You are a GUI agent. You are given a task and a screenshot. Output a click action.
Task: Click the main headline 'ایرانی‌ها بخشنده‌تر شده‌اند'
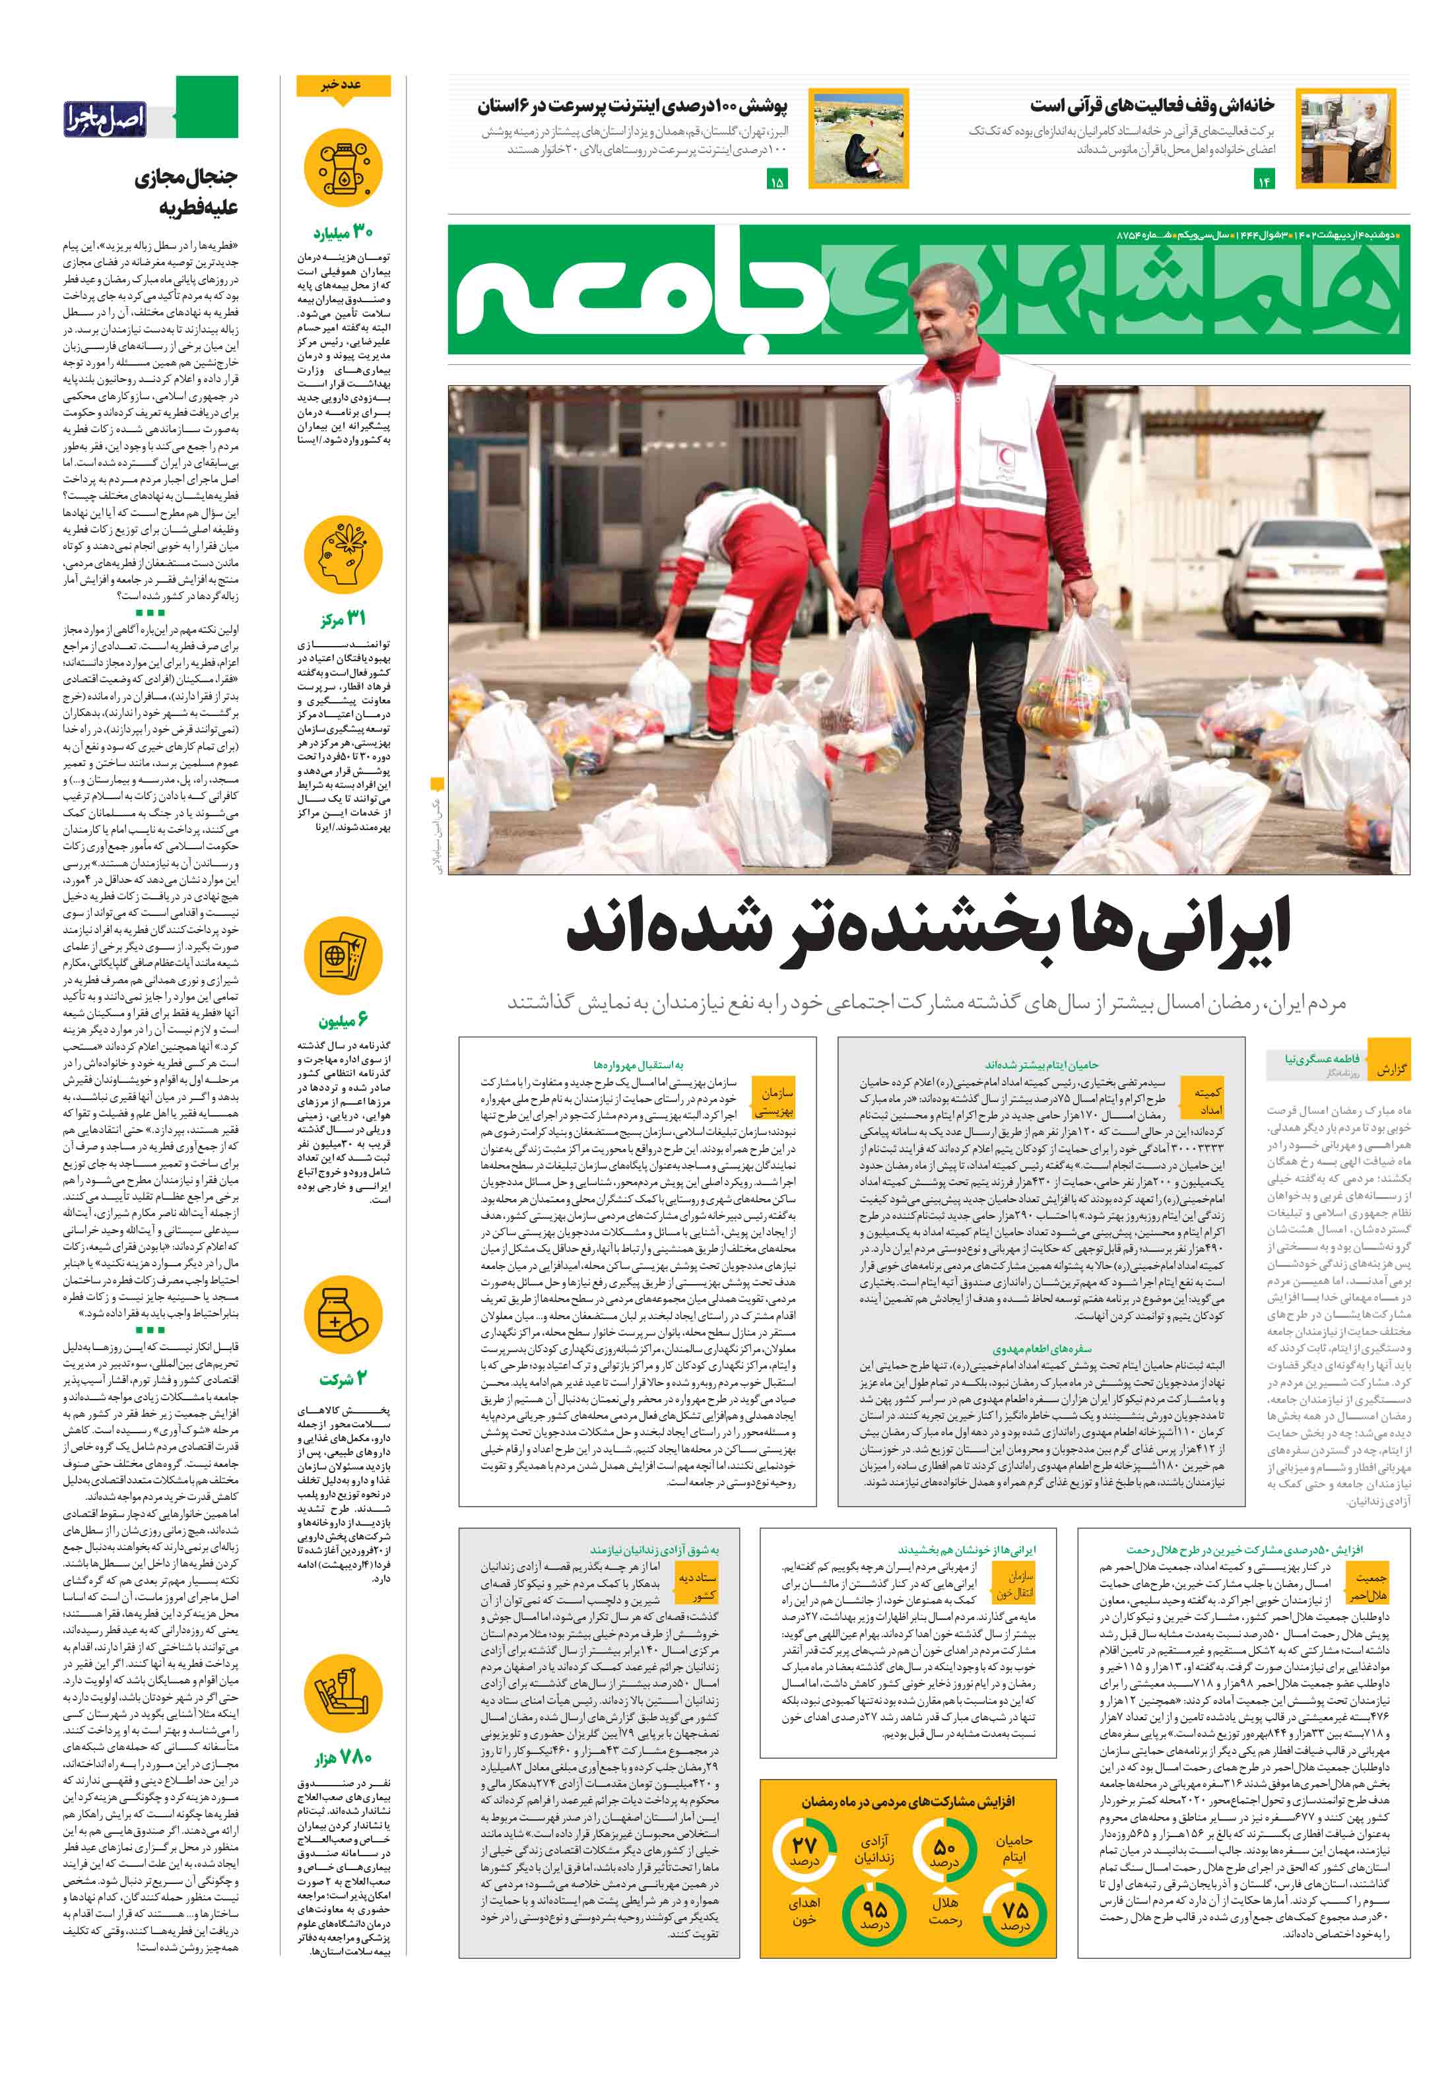[x=928, y=933]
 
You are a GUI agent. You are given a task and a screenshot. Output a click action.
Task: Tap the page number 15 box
[x=776, y=181]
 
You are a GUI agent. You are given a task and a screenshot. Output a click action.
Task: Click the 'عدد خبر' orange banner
[x=343, y=85]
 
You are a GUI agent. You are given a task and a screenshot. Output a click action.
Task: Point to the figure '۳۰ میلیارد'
[x=343, y=233]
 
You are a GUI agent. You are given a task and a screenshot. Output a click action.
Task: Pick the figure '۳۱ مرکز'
[x=343, y=619]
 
